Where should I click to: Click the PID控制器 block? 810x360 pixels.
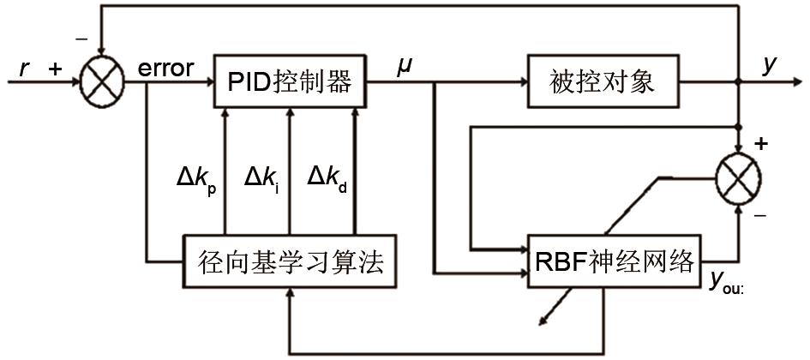pos(290,82)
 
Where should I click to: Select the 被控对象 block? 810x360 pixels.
pos(602,82)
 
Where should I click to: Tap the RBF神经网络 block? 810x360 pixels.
pos(615,261)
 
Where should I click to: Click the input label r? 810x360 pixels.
pos(23,69)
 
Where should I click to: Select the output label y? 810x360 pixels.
pos(772,67)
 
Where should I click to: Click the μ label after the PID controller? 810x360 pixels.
pos(404,67)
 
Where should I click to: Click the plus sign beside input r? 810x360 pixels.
pos(57,69)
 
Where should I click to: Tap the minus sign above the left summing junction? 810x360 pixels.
pos(82,39)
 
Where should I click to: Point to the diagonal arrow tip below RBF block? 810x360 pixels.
pos(541,323)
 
